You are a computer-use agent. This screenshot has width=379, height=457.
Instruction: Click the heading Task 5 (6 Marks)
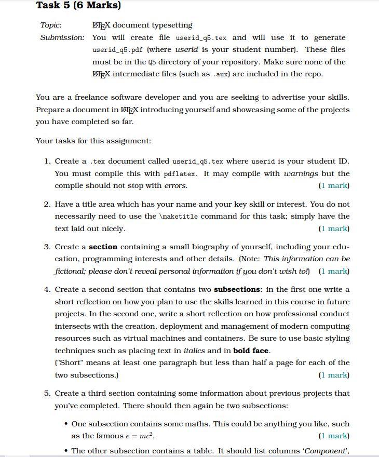pos(78,6)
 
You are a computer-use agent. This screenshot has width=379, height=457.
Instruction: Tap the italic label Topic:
pos(51,25)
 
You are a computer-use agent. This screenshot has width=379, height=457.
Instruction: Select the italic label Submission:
pos(62,37)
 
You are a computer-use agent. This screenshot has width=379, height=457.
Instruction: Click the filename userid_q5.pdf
pos(118,50)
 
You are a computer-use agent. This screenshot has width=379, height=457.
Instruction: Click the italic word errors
pos(175,185)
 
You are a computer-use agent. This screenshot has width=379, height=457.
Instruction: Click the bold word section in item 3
pos(103,247)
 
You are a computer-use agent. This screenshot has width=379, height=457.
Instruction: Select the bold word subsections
pos(237,289)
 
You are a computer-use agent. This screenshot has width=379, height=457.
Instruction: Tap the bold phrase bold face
pos(251,351)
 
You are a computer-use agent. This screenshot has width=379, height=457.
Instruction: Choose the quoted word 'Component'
pos(327,451)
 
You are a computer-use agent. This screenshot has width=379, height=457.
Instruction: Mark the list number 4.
pos(47,289)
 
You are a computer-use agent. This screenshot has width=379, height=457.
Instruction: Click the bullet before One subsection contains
pos(66,424)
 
